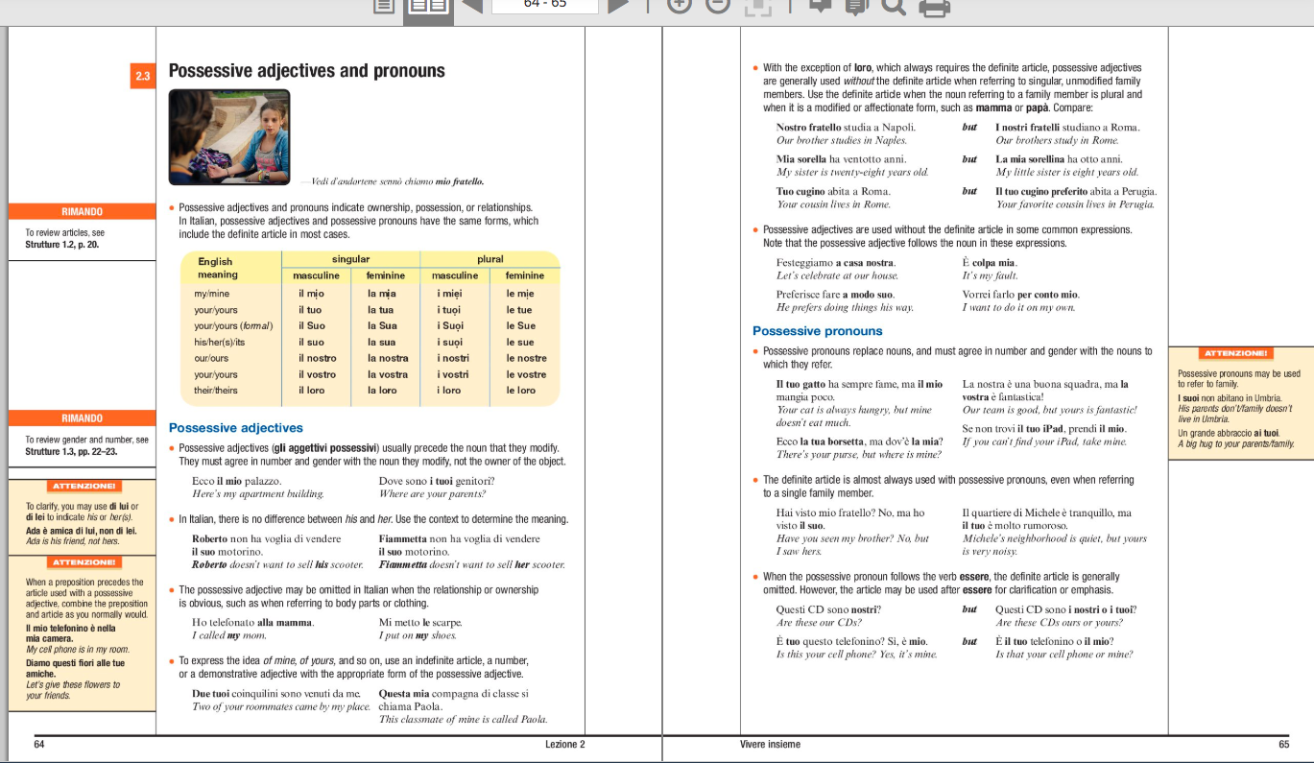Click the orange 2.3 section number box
tap(142, 76)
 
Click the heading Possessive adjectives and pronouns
tap(306, 71)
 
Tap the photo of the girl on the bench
tap(228, 136)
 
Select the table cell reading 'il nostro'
tap(317, 358)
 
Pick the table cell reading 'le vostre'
tap(526, 374)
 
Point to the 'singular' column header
tap(350, 259)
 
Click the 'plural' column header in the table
tap(490, 259)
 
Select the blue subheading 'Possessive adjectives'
tap(235, 428)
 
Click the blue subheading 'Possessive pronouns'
tap(818, 331)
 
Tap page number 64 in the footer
tap(39, 744)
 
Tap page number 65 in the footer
tap(1283, 744)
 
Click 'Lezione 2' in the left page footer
tap(564, 744)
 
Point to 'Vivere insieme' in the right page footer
tap(770, 744)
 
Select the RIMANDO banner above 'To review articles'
tap(82, 211)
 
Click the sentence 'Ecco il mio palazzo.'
tap(236, 481)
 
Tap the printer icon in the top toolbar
tap(935, 8)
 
